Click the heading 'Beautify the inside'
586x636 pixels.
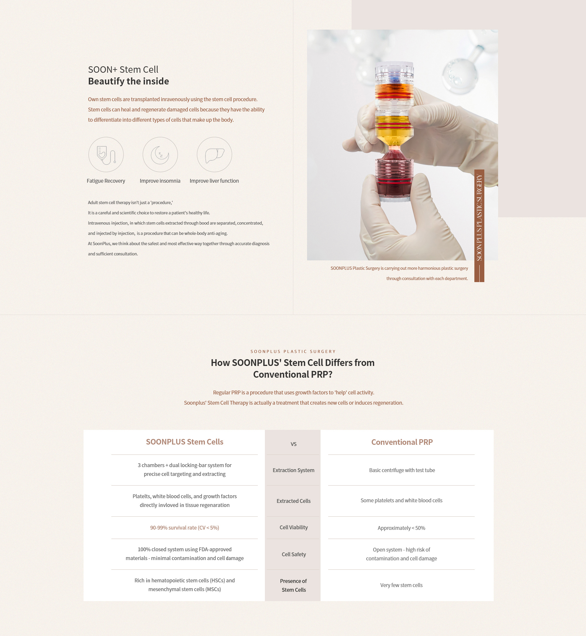coord(128,81)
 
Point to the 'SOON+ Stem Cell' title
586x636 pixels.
coord(123,69)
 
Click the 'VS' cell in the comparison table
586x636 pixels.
coord(293,444)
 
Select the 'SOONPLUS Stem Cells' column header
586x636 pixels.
coord(185,442)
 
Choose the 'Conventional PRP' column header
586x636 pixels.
coord(402,442)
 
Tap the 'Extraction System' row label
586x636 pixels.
coord(293,470)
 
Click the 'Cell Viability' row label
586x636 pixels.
coord(293,527)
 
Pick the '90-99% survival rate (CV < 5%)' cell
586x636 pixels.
coord(185,528)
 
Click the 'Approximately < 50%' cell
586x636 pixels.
coord(401,528)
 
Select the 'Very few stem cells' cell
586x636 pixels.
coord(401,585)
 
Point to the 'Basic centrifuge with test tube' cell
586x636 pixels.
coord(402,470)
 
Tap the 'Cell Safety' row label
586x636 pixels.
coord(294,554)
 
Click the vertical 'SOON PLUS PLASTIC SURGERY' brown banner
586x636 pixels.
coord(479,226)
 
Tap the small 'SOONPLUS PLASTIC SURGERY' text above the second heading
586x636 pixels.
coord(293,351)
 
